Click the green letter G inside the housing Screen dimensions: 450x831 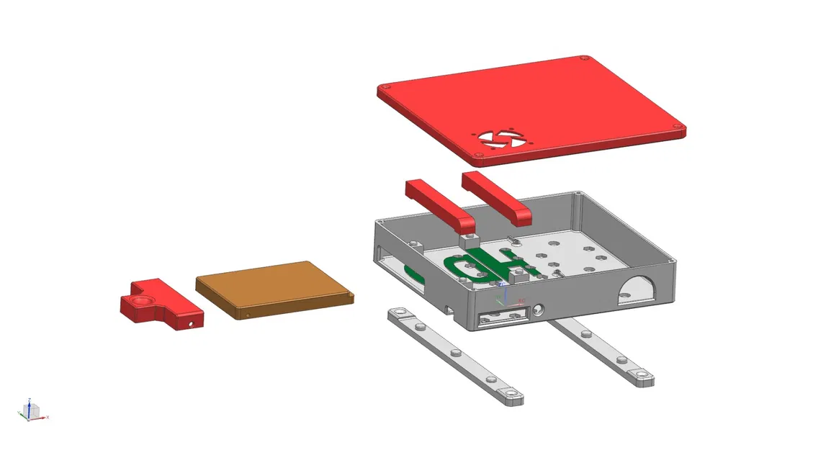tap(466, 266)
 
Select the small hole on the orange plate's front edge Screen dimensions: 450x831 tap(247, 314)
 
